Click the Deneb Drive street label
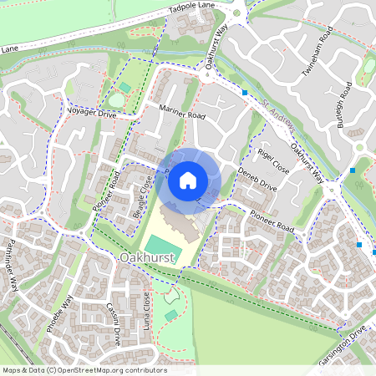click(257, 177)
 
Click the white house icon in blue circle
click(188, 180)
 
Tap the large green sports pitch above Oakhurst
click(159, 245)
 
